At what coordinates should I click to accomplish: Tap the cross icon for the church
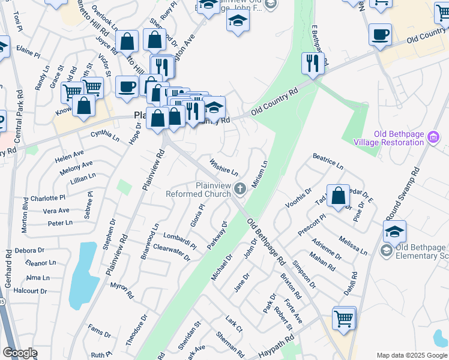coord(240,190)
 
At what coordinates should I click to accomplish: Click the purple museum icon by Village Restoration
coord(433,139)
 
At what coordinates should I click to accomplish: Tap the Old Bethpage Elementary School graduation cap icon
coord(394,232)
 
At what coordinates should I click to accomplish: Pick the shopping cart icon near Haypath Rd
coord(344,318)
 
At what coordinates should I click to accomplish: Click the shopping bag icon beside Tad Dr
coord(339,196)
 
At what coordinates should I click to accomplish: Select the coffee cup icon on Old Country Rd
coord(380,35)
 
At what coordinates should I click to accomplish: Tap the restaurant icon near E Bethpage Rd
coord(313,63)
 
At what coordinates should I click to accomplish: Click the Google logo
coord(20,353)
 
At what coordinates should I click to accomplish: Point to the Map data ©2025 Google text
coord(411,355)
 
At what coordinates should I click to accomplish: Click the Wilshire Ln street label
coord(224,167)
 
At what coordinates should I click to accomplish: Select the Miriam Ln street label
coord(259,173)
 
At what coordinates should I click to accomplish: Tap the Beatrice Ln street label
coord(328,161)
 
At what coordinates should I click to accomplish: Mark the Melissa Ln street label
coord(352,245)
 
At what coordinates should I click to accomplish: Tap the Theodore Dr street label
coord(136,329)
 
